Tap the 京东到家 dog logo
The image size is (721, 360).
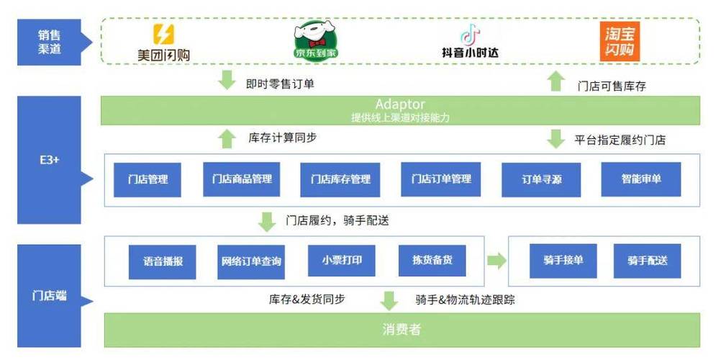pyautogui.click(x=316, y=40)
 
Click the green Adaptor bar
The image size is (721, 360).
pyautogui.click(x=400, y=111)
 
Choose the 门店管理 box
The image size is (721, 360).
pyautogui.click(x=148, y=179)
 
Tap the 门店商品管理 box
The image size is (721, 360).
pyautogui.click(x=242, y=179)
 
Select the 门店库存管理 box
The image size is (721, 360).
pyautogui.click(x=340, y=179)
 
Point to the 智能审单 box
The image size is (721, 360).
pyautogui.click(x=641, y=179)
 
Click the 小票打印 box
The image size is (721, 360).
pyautogui.click(x=341, y=261)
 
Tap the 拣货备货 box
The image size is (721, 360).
pyautogui.click(x=432, y=261)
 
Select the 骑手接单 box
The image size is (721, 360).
pyautogui.click(x=563, y=261)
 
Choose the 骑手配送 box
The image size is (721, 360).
pyautogui.click(x=647, y=261)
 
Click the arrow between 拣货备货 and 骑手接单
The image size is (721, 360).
pyautogui.click(x=496, y=261)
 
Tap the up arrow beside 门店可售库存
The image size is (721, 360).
pyautogui.click(x=556, y=81)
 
